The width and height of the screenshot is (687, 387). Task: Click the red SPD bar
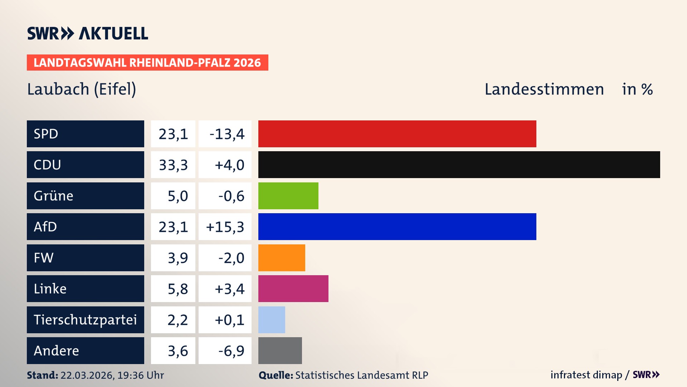[397, 134]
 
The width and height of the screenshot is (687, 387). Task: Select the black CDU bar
[459, 165]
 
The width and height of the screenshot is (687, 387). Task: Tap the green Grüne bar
[288, 196]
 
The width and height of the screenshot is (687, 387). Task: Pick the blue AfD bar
[397, 226]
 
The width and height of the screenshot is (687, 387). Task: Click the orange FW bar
[282, 258]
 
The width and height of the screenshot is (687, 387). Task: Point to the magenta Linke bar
[293, 288]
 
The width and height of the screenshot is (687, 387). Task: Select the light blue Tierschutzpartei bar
[272, 320]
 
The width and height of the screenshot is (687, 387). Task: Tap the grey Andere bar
[280, 350]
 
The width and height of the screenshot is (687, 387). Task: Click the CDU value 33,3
[173, 165]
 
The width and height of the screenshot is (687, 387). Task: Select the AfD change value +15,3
[225, 227]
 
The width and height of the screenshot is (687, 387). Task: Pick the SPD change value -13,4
[227, 134]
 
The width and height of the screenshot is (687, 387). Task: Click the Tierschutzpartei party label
[85, 320]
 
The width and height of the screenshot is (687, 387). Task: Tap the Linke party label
[50, 289]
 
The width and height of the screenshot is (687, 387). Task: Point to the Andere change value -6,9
[231, 351]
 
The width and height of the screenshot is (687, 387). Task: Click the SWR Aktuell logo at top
[88, 33]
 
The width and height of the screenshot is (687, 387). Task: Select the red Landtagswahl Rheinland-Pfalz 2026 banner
[147, 63]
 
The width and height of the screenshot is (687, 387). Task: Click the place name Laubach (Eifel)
[82, 89]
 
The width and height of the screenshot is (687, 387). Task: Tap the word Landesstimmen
[544, 89]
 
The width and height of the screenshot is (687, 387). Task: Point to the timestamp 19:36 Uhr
[141, 375]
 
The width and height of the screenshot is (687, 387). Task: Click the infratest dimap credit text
[586, 375]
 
